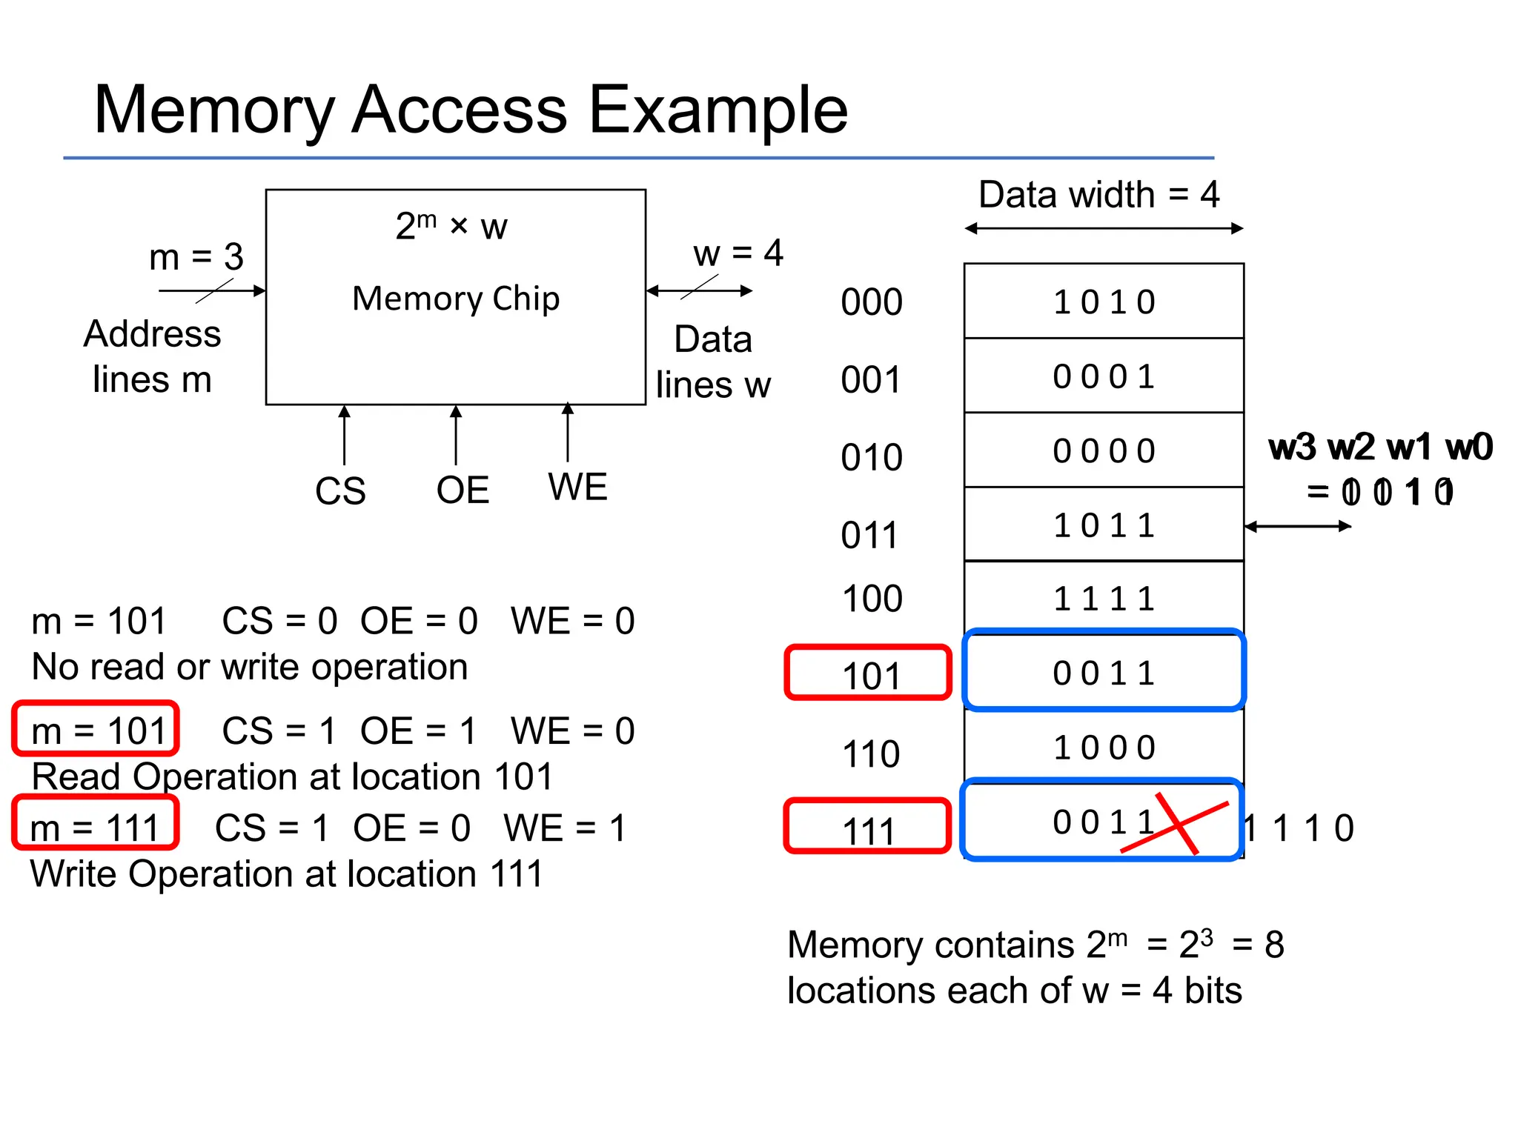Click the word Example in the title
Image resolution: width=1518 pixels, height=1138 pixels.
point(717,110)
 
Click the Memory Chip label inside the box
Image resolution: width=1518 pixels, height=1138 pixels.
point(455,299)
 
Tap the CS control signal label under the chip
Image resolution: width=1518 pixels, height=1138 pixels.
point(340,490)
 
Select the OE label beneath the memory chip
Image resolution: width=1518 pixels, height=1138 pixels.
point(463,490)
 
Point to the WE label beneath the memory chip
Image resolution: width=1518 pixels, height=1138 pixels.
point(577,487)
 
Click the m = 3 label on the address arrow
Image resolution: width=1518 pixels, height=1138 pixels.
point(196,257)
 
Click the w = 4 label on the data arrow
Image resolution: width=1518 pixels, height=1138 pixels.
point(738,253)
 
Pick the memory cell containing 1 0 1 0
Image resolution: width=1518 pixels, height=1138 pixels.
point(1104,302)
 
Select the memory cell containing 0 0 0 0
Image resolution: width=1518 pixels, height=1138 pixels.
point(1104,450)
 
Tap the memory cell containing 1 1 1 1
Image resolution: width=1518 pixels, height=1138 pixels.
point(1104,598)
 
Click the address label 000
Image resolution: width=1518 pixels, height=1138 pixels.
point(872,302)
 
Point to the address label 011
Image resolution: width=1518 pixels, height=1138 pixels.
point(869,535)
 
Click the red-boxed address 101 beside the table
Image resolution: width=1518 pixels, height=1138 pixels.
point(869,673)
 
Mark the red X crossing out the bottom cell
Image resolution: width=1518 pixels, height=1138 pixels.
point(1177,824)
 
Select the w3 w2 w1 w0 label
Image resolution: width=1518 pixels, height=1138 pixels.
point(1379,447)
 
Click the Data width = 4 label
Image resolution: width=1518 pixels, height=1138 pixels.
point(1098,195)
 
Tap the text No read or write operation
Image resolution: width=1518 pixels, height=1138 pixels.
point(250,667)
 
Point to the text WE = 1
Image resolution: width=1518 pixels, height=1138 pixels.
point(565,828)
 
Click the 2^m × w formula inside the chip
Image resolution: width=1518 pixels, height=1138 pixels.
point(451,226)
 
